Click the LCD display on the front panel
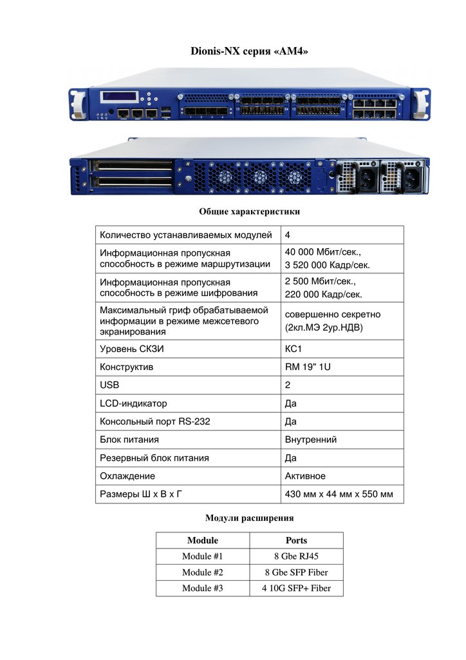pyautogui.click(x=119, y=97)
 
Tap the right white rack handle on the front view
pyautogui.click(x=420, y=104)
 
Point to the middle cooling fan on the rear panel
pyautogui.click(x=259, y=177)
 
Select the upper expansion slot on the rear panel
pyautogui.click(x=131, y=165)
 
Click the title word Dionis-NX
pyautogui.click(x=215, y=52)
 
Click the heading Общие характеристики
pyautogui.click(x=249, y=211)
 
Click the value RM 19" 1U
pyautogui.click(x=308, y=367)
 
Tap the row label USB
pyautogui.click(x=109, y=385)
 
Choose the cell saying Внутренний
pyautogui.click(x=310, y=440)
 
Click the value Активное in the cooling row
pyautogui.click(x=305, y=476)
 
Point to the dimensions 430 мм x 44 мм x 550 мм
pyautogui.click(x=339, y=494)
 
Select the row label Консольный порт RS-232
pyautogui.click(x=154, y=422)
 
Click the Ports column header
pyautogui.click(x=296, y=541)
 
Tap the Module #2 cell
pyautogui.click(x=203, y=572)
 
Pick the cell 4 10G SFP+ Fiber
pyautogui.click(x=296, y=588)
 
